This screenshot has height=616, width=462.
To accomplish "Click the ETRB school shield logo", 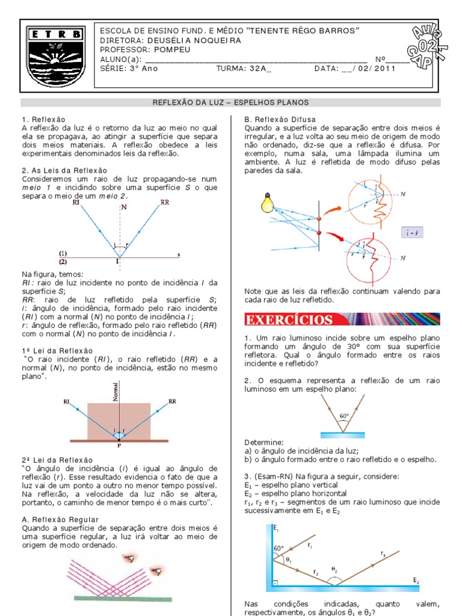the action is click(55, 56).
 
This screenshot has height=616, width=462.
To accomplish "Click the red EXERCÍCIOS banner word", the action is click(289, 319).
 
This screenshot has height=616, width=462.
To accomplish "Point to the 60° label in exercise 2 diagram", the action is click(343, 416).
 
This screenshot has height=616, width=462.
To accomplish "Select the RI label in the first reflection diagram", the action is click(76, 202).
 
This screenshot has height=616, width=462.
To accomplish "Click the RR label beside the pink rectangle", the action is click(173, 401).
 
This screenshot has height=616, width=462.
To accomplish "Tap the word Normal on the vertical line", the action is click(115, 392).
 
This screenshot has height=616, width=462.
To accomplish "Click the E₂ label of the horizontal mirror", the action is click(416, 581).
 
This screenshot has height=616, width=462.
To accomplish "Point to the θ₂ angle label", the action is click(334, 568).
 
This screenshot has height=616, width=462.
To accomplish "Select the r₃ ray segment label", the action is click(383, 553).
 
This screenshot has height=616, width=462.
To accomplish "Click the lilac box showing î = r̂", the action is click(412, 233).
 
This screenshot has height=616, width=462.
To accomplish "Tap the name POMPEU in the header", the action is click(172, 49).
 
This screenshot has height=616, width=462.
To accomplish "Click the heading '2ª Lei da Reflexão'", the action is click(57, 460).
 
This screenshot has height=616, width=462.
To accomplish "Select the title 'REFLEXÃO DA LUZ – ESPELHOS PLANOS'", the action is click(230, 102).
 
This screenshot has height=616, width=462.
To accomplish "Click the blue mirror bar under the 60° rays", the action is click(342, 436).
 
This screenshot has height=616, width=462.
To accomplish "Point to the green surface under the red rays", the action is click(123, 599).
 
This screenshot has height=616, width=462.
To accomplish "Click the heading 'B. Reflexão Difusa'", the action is click(280, 120).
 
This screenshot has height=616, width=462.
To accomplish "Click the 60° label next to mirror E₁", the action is click(278, 548).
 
